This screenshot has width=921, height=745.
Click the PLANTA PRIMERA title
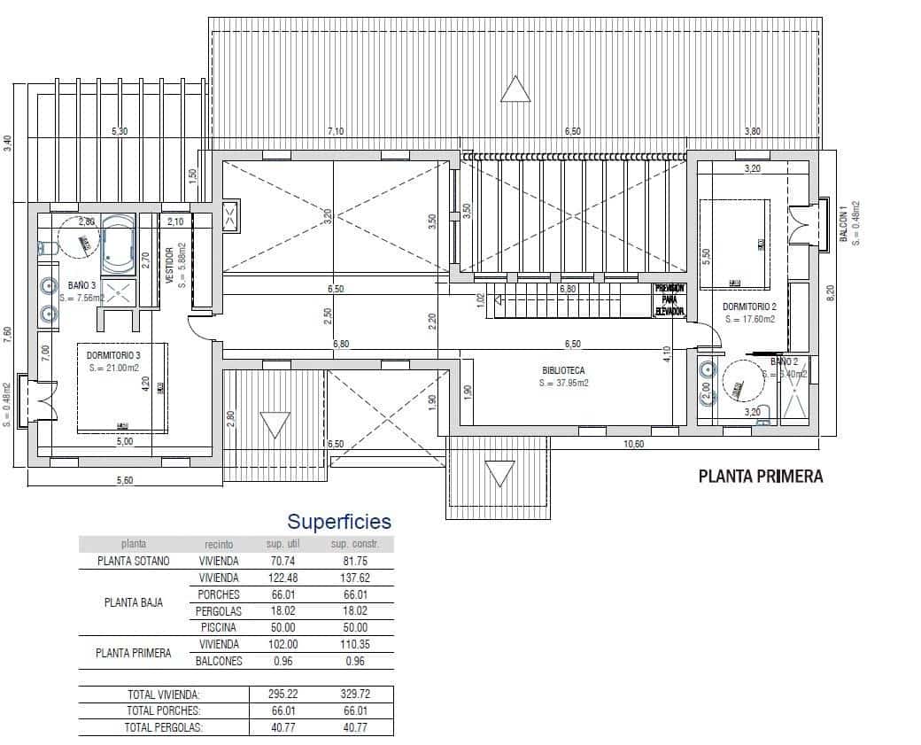(761, 477)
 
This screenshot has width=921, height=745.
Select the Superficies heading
(338, 522)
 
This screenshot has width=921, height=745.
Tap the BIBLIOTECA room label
(564, 371)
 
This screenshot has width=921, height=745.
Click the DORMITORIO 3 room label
(112, 354)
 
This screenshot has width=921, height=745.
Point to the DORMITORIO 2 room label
(749, 307)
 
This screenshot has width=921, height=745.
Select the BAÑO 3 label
(81, 286)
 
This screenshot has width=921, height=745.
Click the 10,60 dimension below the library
(634, 444)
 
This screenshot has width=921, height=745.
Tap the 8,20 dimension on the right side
(830, 293)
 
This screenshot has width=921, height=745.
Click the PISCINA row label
(219, 627)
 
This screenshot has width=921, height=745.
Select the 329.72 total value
(355, 695)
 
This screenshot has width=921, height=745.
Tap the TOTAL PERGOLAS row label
(164, 727)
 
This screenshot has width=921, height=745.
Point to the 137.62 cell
(355, 578)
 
